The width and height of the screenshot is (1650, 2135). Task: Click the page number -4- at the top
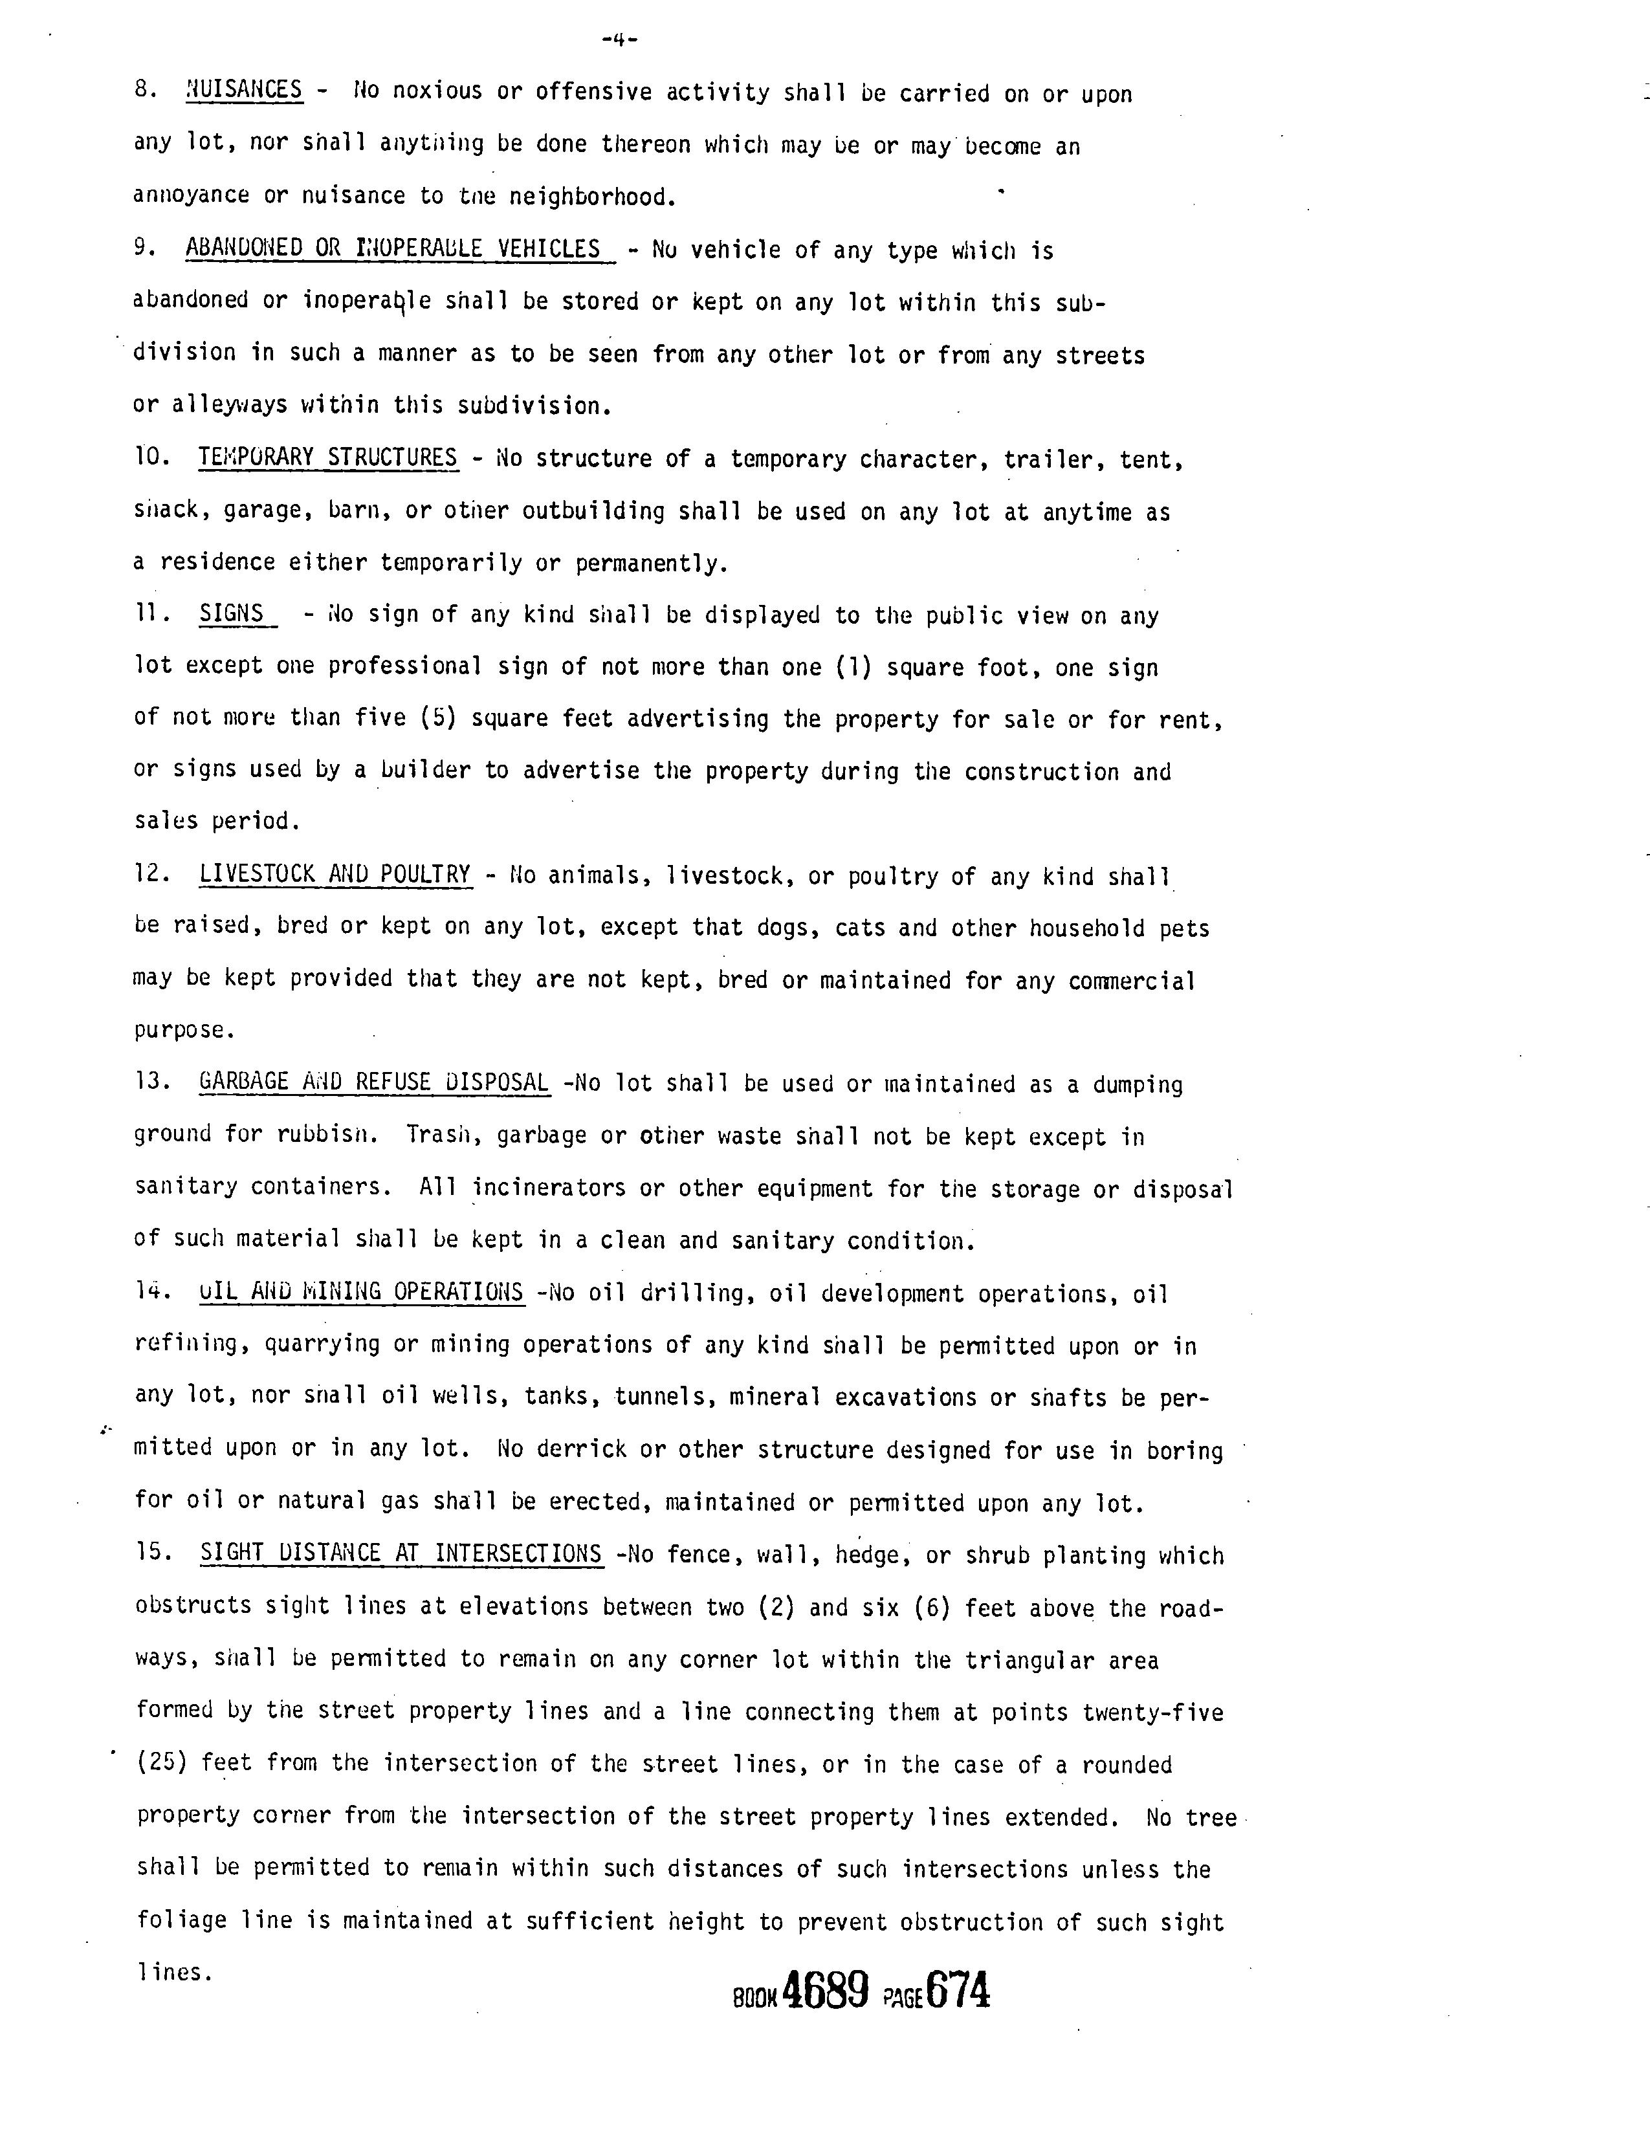[x=620, y=40]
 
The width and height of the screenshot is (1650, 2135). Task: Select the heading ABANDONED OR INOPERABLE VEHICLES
[x=393, y=249]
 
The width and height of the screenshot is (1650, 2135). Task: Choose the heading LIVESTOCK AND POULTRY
[x=335, y=874]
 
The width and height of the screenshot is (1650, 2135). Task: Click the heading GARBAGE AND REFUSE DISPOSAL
[x=373, y=1082]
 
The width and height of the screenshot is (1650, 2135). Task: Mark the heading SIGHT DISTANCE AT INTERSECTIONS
[x=401, y=1553]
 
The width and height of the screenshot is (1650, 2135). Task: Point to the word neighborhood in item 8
[x=593, y=197]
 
